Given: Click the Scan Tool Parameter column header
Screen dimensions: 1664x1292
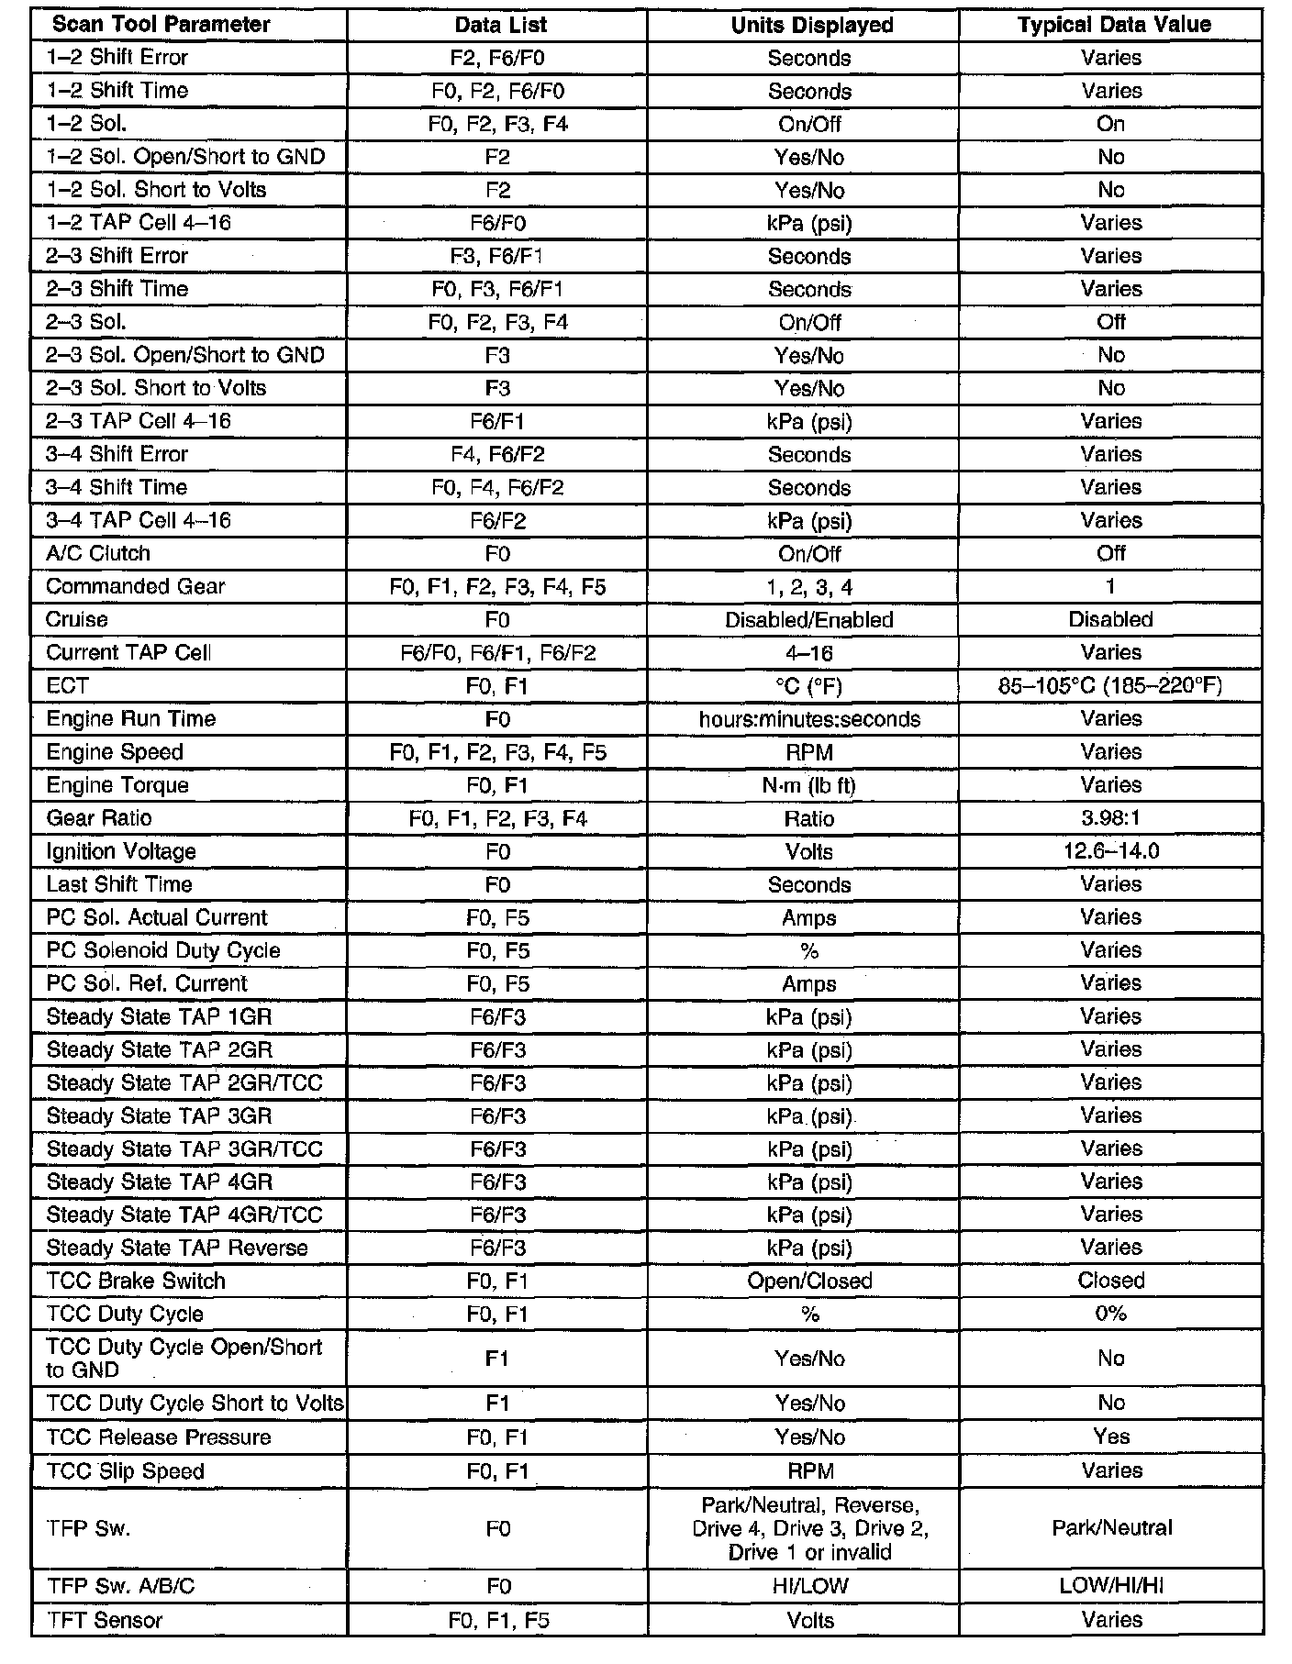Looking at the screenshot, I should coord(161,25).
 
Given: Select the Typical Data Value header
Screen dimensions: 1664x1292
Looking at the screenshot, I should coord(1114,25).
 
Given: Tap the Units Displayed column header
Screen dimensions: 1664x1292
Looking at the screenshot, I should coord(812,25).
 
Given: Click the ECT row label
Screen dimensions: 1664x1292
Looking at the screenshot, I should coord(67,686).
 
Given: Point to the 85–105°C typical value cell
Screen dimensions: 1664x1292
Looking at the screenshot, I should coord(1110,686).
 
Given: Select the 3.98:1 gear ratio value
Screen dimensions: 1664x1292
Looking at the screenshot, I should coord(1110,818).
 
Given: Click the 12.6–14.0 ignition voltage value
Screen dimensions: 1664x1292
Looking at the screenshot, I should coord(1110,851).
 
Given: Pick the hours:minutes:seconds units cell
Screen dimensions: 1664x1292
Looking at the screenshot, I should coord(809,719).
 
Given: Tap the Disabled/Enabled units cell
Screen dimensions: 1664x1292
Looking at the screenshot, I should coord(809,620).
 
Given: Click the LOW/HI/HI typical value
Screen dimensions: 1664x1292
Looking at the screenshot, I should coord(1111,1586).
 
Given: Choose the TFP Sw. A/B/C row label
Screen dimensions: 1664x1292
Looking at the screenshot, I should coord(120,1586).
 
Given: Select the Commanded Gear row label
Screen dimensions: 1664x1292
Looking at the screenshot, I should coord(135,587).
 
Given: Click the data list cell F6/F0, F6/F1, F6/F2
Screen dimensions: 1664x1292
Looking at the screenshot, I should coord(497,653).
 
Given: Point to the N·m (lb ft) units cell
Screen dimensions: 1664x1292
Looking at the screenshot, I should coord(809,785).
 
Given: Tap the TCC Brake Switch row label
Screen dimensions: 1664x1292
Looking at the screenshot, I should coord(136,1281).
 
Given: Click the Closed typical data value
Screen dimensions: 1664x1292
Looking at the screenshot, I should coord(1111,1281).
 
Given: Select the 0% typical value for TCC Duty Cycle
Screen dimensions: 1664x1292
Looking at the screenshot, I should coord(1110,1315).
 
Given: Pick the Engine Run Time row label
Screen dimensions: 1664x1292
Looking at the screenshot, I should coord(131,719).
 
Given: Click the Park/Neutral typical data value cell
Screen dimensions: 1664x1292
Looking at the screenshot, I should coord(1112,1528).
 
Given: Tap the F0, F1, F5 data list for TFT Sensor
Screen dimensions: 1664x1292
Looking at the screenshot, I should coord(498,1621).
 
